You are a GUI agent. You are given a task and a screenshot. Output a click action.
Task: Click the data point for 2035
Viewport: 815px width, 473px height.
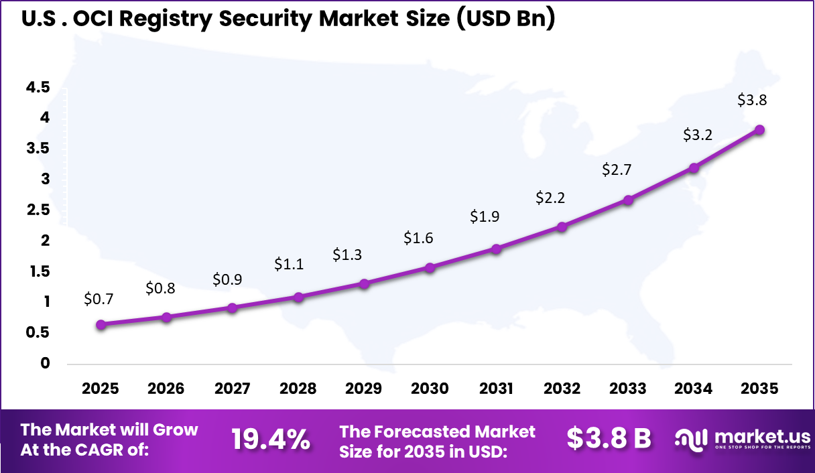click(759, 130)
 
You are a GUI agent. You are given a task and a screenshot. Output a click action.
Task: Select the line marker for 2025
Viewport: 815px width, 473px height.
click(101, 324)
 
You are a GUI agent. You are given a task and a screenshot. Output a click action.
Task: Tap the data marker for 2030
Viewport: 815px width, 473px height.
click(430, 267)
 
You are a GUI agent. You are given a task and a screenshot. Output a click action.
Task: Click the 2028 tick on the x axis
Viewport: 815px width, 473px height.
click(298, 389)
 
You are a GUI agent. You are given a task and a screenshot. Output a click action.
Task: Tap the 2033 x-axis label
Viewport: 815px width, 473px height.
click(628, 389)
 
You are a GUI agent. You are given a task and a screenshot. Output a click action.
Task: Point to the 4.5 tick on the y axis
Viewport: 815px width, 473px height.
click(38, 87)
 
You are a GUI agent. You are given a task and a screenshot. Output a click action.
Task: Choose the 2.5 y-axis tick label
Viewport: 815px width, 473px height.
click(38, 210)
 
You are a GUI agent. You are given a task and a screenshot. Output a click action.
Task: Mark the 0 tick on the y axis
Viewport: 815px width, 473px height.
click(46, 364)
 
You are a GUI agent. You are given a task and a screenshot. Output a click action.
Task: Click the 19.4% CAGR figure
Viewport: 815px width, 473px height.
click(270, 440)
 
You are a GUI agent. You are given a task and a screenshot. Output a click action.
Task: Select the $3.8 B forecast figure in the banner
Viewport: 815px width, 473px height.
click(609, 439)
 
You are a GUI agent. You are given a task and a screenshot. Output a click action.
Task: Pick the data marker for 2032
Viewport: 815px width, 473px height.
click(562, 226)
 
